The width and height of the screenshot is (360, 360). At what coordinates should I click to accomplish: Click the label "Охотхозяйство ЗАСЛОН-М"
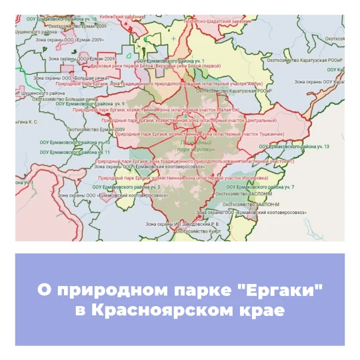pyautogui.click(x=253, y=203)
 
